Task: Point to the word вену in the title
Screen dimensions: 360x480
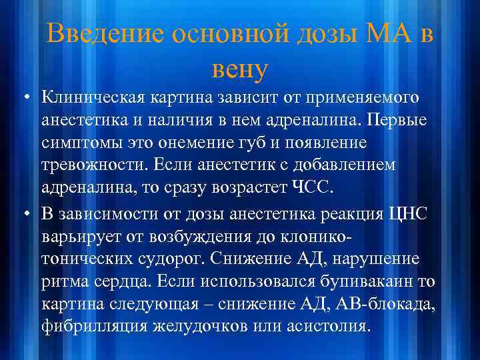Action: coord(239,67)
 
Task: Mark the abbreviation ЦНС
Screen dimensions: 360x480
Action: coord(416,214)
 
